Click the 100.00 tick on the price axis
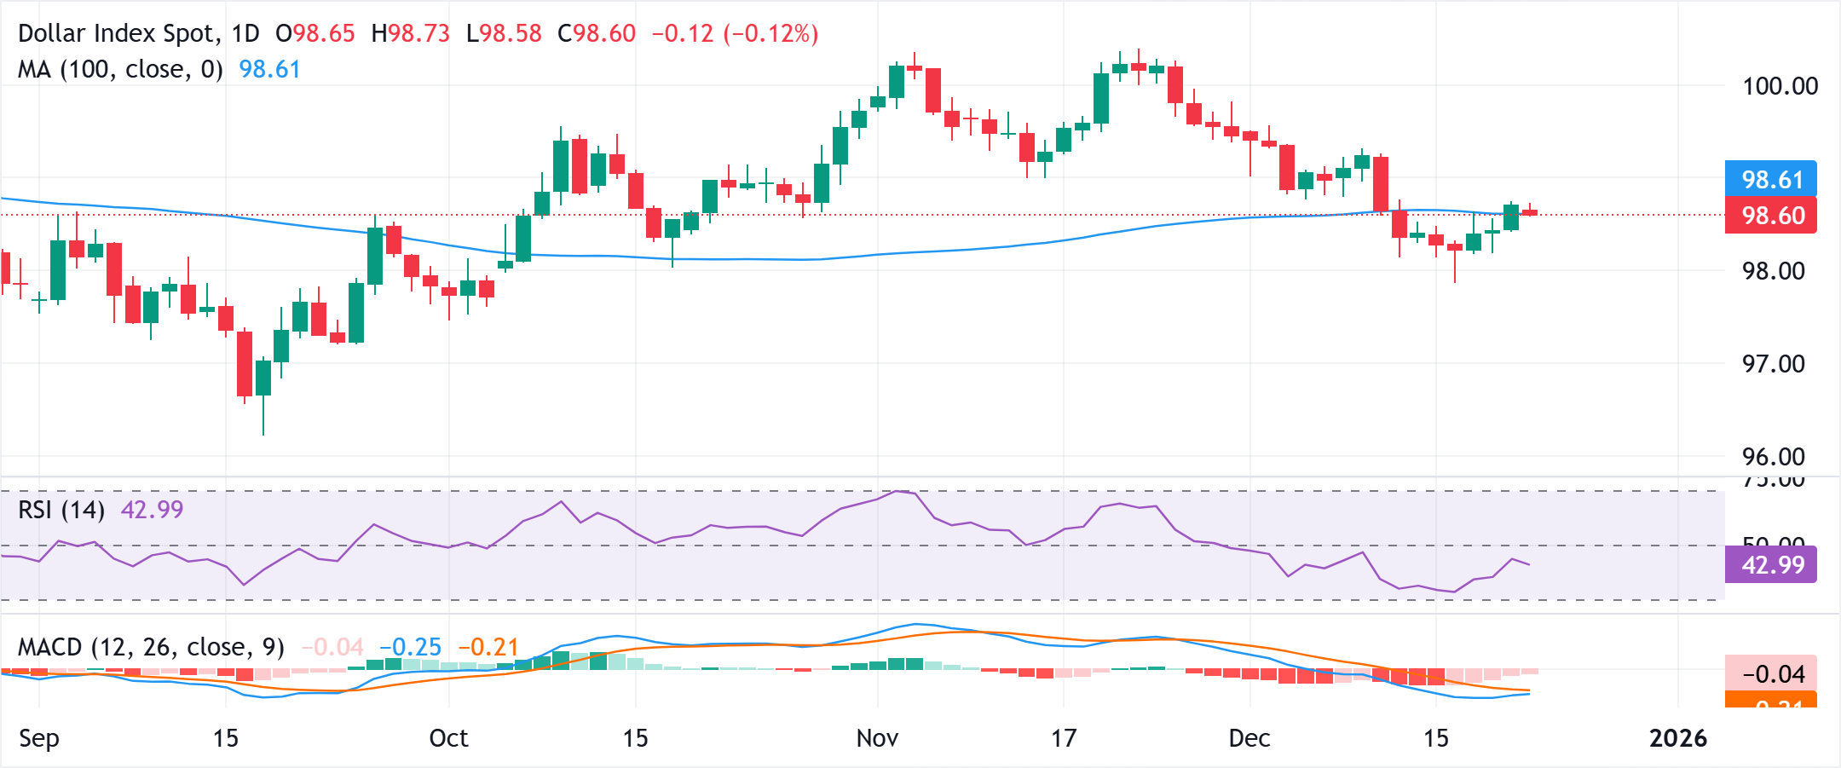point(1780,86)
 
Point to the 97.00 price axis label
point(1773,364)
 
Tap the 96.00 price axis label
point(1773,457)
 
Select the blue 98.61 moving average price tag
point(1771,179)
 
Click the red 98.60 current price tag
point(1771,216)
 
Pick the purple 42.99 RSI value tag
point(1771,565)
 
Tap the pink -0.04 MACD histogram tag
point(1771,674)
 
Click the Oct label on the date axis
point(448,738)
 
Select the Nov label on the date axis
point(877,738)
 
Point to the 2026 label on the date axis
point(1677,738)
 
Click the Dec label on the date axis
point(1249,738)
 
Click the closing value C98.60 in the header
point(597,33)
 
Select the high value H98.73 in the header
point(411,33)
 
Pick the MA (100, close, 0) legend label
point(120,69)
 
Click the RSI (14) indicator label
point(61,510)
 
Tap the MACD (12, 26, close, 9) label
point(151,647)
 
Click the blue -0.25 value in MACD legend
point(411,647)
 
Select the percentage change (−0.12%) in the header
point(770,33)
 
